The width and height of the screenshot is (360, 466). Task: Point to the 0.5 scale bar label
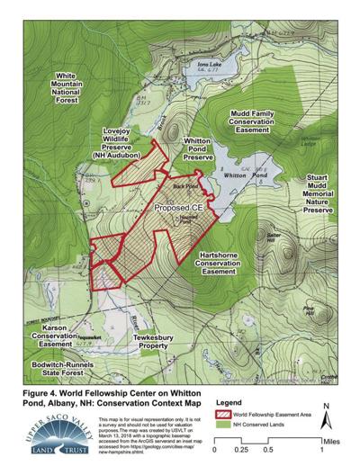tap(268, 452)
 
